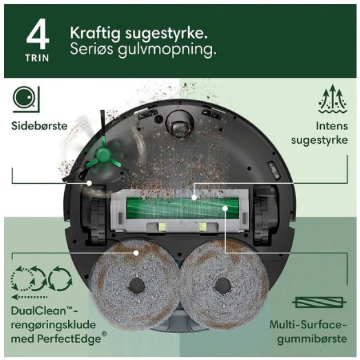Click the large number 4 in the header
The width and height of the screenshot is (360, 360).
(x=38, y=34)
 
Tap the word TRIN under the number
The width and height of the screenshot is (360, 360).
(x=37, y=58)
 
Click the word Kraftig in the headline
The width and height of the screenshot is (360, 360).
(x=95, y=34)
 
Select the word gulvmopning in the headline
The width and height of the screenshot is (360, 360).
(x=167, y=50)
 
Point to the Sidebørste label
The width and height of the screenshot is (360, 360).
(x=39, y=126)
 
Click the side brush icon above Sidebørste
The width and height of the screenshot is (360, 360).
(x=26, y=99)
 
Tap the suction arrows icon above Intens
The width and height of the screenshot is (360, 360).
(x=333, y=99)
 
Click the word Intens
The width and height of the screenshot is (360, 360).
(x=332, y=126)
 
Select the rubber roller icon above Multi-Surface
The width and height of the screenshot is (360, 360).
(x=319, y=302)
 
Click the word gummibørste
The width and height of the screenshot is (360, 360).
(x=312, y=339)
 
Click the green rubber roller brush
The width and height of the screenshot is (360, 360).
(x=182, y=208)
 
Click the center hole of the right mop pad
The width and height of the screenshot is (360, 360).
(x=222, y=286)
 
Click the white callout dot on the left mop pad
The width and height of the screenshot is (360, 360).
(x=136, y=253)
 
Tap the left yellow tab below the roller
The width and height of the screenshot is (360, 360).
(x=161, y=227)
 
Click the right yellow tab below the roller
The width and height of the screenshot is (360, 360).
(x=203, y=227)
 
